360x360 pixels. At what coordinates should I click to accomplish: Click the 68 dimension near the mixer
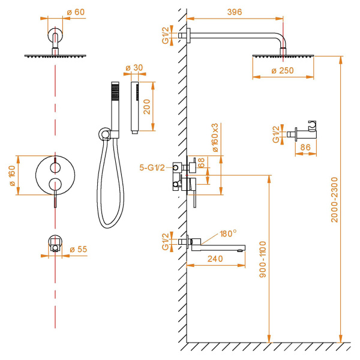(x=202, y=163)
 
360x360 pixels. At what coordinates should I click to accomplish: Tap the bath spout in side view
(x=220, y=245)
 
